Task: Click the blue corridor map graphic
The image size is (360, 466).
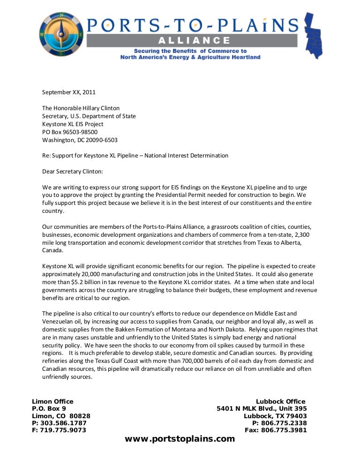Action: click(315, 36)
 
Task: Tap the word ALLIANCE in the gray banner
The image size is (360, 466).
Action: click(193, 41)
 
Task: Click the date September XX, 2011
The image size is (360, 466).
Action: click(69, 92)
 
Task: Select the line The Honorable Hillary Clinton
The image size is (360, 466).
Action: click(81, 108)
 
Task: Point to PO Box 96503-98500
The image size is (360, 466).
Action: click(70, 132)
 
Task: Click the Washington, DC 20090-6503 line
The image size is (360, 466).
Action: click(80, 140)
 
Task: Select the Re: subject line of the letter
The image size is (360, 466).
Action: click(135, 156)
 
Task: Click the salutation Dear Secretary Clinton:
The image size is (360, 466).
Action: click(73, 172)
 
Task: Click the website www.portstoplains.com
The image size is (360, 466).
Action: click(180, 439)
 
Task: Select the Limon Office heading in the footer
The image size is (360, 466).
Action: click(52, 401)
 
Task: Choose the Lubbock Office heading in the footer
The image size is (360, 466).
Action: click(280, 401)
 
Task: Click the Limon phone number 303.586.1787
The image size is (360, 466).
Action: click(63, 423)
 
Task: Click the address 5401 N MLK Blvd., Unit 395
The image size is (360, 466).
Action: click(262, 408)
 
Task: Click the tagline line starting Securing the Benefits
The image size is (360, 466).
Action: click(190, 51)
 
